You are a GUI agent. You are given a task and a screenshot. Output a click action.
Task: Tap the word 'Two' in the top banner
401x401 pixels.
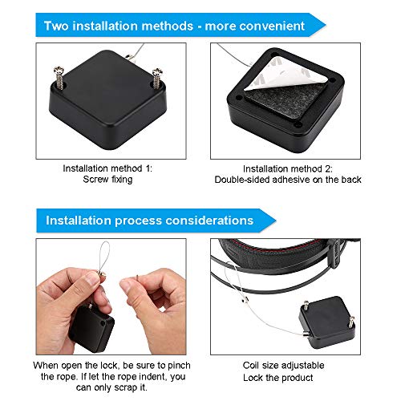[x=56, y=26]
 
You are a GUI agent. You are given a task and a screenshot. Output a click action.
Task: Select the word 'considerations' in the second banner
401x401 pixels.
[x=209, y=221]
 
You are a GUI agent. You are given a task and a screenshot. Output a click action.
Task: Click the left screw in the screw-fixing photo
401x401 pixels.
[x=59, y=77]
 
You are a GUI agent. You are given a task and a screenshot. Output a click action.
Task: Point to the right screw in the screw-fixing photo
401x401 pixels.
[x=157, y=78]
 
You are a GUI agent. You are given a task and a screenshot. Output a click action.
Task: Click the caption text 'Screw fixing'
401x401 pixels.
[x=107, y=180]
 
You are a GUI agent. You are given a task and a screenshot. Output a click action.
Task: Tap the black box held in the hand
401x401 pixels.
[x=91, y=328]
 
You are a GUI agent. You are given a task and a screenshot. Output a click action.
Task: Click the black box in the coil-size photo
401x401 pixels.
[x=327, y=322]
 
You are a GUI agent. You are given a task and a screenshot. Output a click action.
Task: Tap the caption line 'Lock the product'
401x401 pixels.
[x=278, y=378]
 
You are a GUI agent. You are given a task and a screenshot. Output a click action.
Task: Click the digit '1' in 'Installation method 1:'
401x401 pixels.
[x=148, y=168]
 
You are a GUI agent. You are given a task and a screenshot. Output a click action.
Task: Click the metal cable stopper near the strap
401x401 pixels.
[x=245, y=300]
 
